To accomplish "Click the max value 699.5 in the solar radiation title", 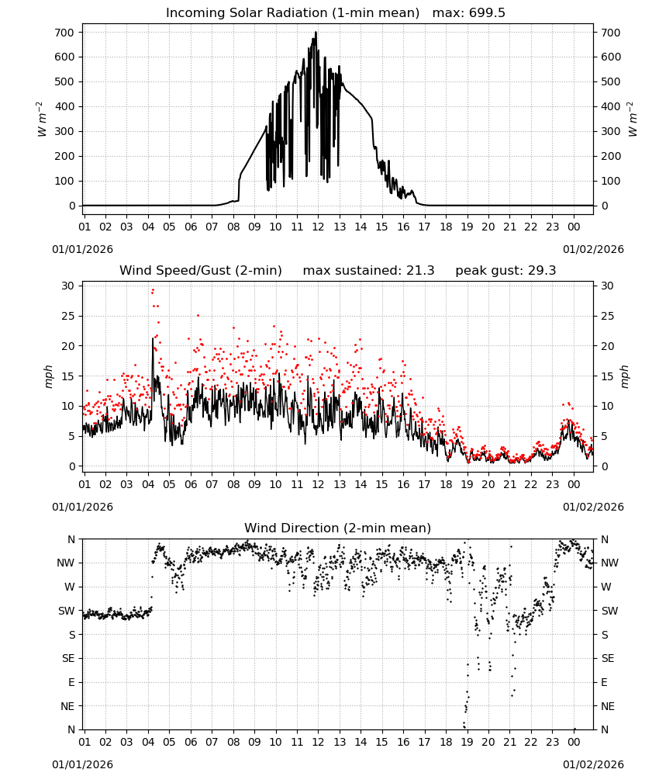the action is tap(487, 13).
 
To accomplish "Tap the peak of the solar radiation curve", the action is tap(316, 33).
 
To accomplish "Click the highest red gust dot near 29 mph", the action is tap(153, 290).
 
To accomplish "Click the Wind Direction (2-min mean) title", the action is tap(338, 528).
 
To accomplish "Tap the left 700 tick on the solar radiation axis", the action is tap(64, 33).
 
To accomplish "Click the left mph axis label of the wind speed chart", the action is tap(48, 376).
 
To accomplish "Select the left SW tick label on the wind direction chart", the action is tap(66, 611).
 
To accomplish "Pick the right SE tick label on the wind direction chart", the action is tap(608, 658).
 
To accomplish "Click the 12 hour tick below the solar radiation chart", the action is tap(318, 227).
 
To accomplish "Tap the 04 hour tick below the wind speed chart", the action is tap(148, 484).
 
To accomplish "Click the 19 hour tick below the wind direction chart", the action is tap(468, 742).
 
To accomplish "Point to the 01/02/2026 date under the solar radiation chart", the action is tap(593, 249).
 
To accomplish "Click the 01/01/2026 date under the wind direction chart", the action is tap(82, 764).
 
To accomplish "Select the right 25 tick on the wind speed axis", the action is tap(607, 317).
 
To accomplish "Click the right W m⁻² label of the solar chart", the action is tap(633, 119).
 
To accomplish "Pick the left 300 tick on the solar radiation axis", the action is tap(64, 131).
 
